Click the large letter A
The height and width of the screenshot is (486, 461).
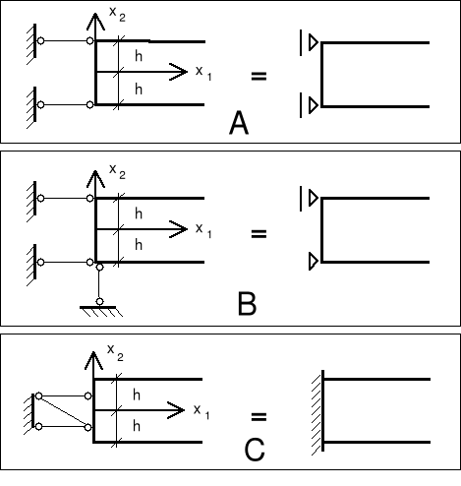tap(239, 122)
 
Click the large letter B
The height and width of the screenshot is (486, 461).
tap(247, 304)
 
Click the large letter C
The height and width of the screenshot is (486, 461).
tap(255, 450)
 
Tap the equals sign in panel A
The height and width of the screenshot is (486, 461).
tap(259, 76)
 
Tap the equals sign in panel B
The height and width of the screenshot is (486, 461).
tap(259, 233)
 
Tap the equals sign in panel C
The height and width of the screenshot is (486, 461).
tap(259, 417)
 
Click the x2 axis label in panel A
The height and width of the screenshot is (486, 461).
tap(117, 14)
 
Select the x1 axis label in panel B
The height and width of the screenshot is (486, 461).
tap(203, 230)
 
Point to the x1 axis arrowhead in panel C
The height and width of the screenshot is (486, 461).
tap(176, 410)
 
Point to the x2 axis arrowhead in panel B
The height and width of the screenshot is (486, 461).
tap(95, 179)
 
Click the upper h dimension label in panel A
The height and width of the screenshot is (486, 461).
tap(139, 56)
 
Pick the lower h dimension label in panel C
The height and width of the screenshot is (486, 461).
tap(137, 426)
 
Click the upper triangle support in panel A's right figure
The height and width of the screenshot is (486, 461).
tap(314, 42)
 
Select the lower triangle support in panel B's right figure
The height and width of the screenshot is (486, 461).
tap(314, 262)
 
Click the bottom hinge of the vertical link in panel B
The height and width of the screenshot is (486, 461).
tap(99, 301)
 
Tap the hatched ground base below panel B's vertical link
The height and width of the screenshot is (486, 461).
tap(101, 311)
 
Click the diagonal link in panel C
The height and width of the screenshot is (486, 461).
tap(63, 412)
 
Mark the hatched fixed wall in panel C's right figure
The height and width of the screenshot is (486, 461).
tap(318, 412)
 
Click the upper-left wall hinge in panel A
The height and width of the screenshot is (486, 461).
tap(40, 41)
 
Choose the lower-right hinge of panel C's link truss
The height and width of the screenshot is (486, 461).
tap(87, 427)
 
